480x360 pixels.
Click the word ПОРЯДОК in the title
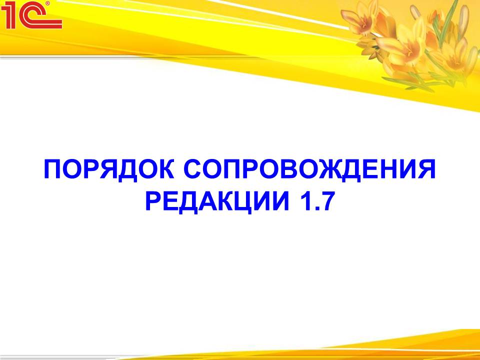[x=109, y=169]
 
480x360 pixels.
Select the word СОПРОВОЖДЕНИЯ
[x=309, y=169]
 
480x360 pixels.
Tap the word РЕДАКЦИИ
[x=217, y=201]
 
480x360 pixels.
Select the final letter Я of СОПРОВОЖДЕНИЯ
[x=426, y=169]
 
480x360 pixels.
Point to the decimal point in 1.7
[x=312, y=209]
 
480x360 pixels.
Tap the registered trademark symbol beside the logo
[x=47, y=3]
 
